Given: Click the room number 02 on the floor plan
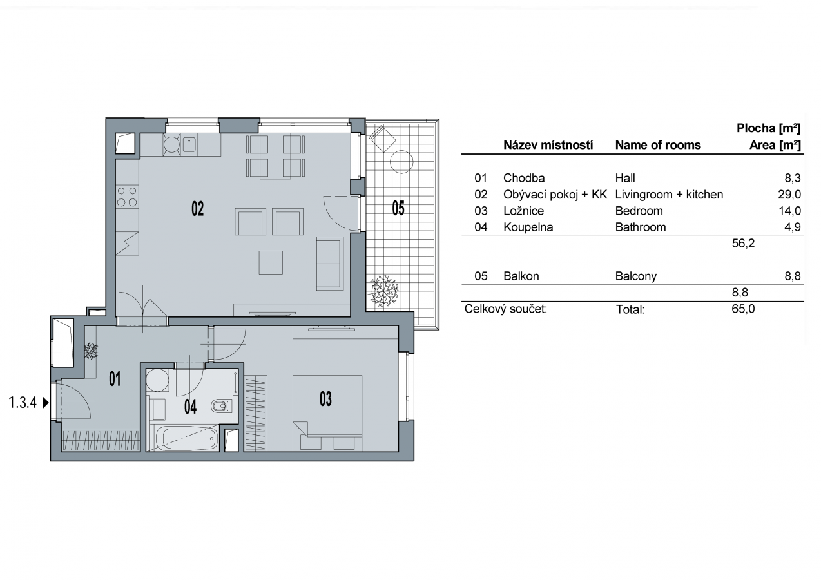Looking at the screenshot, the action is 198,209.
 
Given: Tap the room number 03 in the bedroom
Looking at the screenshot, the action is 325,399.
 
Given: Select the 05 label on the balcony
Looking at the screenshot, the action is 398,208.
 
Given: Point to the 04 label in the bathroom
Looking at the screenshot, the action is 190,407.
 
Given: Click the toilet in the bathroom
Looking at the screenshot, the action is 221,406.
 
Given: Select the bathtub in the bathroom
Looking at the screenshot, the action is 186,438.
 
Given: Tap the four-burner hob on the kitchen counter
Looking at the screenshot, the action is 127,197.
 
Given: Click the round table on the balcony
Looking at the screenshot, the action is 401,162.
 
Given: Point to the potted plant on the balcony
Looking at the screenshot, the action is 383,291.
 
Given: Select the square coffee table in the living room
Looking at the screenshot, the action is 271,262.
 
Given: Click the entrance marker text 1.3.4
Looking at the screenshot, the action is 23,403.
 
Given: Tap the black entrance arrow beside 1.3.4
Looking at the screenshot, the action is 46,403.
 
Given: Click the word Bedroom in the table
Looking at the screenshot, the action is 639,211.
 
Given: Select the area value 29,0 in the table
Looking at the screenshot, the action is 789,195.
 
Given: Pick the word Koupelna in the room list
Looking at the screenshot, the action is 528,227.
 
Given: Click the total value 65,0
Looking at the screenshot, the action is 743,309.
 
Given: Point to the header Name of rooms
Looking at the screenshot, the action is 658,145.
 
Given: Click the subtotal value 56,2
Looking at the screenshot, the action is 743,243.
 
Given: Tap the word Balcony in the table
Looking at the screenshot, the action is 636,276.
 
